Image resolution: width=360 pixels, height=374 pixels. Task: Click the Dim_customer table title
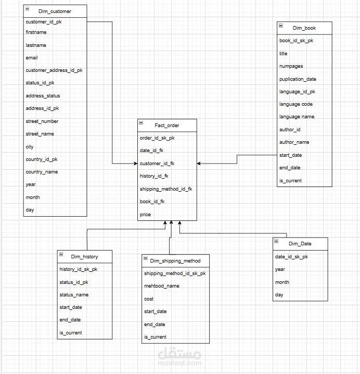[55, 11]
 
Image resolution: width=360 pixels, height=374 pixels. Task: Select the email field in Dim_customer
[32, 58]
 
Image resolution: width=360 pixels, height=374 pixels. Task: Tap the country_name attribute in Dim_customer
[42, 172]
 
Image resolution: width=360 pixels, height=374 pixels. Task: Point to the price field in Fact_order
[145, 215]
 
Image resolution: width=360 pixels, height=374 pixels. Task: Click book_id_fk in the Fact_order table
[152, 202]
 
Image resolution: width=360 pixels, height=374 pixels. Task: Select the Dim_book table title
[304, 28]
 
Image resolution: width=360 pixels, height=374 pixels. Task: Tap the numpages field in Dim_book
[291, 66]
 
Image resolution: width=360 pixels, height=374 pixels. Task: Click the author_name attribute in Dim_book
[294, 142]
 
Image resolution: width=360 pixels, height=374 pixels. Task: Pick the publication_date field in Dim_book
[298, 79]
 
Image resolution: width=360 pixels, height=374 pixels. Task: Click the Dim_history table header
[84, 256]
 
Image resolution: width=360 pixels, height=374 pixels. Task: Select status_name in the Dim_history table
[74, 295]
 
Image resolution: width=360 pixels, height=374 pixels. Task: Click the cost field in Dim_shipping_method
[149, 299]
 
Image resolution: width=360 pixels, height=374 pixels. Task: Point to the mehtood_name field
[161, 286]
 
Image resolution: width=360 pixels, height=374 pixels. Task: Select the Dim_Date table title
[300, 244]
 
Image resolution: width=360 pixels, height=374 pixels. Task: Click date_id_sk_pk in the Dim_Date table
[291, 256]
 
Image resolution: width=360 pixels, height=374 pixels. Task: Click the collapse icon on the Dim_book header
[281, 26]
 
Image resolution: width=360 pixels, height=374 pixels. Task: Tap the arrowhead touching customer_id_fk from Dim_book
[200, 164]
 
